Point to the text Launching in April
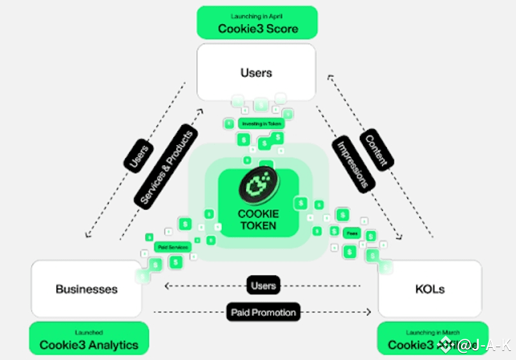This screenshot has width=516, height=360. (x=258, y=15)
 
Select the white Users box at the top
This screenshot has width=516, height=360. (x=257, y=73)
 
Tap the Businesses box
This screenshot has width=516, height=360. (x=86, y=288)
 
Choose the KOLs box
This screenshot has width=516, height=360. (x=429, y=288)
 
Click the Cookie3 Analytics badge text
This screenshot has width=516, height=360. (x=89, y=345)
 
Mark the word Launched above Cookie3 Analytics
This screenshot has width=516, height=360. (x=89, y=332)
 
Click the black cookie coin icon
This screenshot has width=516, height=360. (x=258, y=185)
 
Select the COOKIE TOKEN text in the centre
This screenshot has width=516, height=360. (x=258, y=219)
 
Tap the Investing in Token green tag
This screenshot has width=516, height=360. (x=261, y=123)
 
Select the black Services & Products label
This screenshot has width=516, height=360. (x=166, y=168)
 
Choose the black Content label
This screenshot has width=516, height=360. (x=376, y=149)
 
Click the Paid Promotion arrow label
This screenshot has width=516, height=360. (x=263, y=312)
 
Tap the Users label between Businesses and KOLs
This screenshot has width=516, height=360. (x=263, y=285)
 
